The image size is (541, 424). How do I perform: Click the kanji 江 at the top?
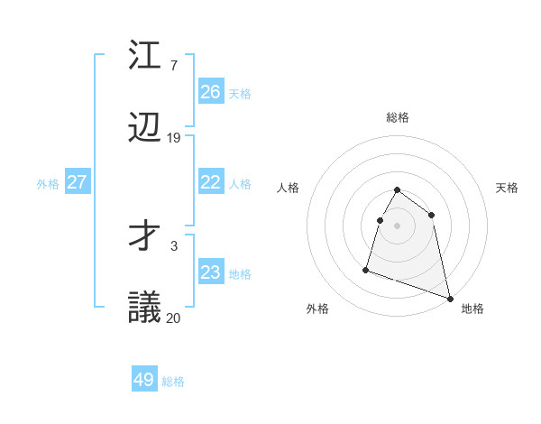(x=145, y=56)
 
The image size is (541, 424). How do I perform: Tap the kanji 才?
(x=145, y=237)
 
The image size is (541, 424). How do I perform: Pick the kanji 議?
(x=145, y=309)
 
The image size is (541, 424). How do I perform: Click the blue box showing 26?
(x=210, y=92)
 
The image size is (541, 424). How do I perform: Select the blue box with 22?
(x=210, y=182)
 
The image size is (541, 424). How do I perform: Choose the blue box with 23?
(x=210, y=272)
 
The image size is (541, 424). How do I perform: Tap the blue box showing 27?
(x=77, y=182)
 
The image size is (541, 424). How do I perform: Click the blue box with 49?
(x=144, y=380)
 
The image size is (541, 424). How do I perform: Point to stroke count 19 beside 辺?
(x=174, y=138)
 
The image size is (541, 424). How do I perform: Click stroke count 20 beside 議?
(x=174, y=317)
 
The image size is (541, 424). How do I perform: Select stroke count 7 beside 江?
(x=173, y=65)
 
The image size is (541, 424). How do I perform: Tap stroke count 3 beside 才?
(x=173, y=244)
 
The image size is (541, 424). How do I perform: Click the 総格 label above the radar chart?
(x=398, y=117)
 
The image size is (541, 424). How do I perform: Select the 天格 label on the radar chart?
(x=507, y=188)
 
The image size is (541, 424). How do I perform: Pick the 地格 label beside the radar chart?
(x=472, y=309)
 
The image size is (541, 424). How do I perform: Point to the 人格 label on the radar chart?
(x=289, y=188)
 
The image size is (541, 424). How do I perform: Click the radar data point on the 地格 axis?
(x=449, y=298)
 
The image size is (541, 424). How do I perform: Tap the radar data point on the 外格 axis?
(x=366, y=269)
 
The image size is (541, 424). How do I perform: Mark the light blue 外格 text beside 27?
(x=48, y=183)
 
